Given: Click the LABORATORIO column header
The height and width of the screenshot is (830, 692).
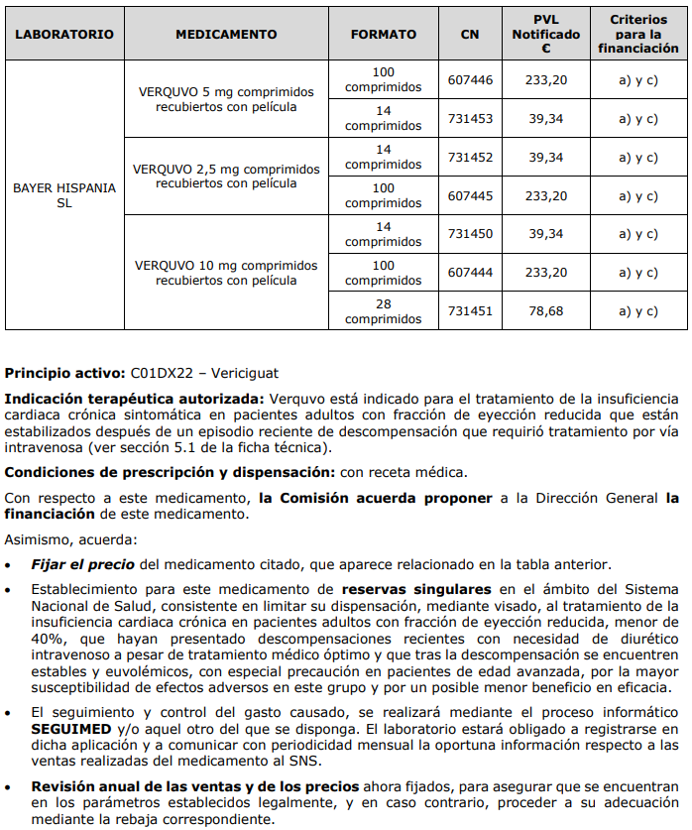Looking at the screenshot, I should (x=64, y=34).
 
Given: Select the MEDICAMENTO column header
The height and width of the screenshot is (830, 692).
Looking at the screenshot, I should (x=226, y=34).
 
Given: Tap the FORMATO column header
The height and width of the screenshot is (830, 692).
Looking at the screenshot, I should (x=384, y=34).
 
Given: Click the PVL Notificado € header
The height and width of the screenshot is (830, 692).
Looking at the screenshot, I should (x=546, y=34).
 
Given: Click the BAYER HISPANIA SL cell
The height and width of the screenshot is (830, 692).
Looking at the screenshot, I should (x=64, y=194).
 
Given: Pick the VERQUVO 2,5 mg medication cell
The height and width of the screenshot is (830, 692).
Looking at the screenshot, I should (x=226, y=176).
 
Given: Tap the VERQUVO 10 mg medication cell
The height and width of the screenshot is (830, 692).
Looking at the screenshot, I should (x=226, y=273).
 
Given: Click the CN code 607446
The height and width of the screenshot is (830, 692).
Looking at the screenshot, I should (x=470, y=79).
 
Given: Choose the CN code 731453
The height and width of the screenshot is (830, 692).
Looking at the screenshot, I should (x=470, y=118).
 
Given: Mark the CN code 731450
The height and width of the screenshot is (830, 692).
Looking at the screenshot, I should (x=470, y=234).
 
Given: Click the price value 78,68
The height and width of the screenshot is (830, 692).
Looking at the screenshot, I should (x=546, y=311).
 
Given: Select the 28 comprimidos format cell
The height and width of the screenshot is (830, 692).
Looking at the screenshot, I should (x=384, y=311).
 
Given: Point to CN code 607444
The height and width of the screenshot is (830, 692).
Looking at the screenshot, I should (x=470, y=273).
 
